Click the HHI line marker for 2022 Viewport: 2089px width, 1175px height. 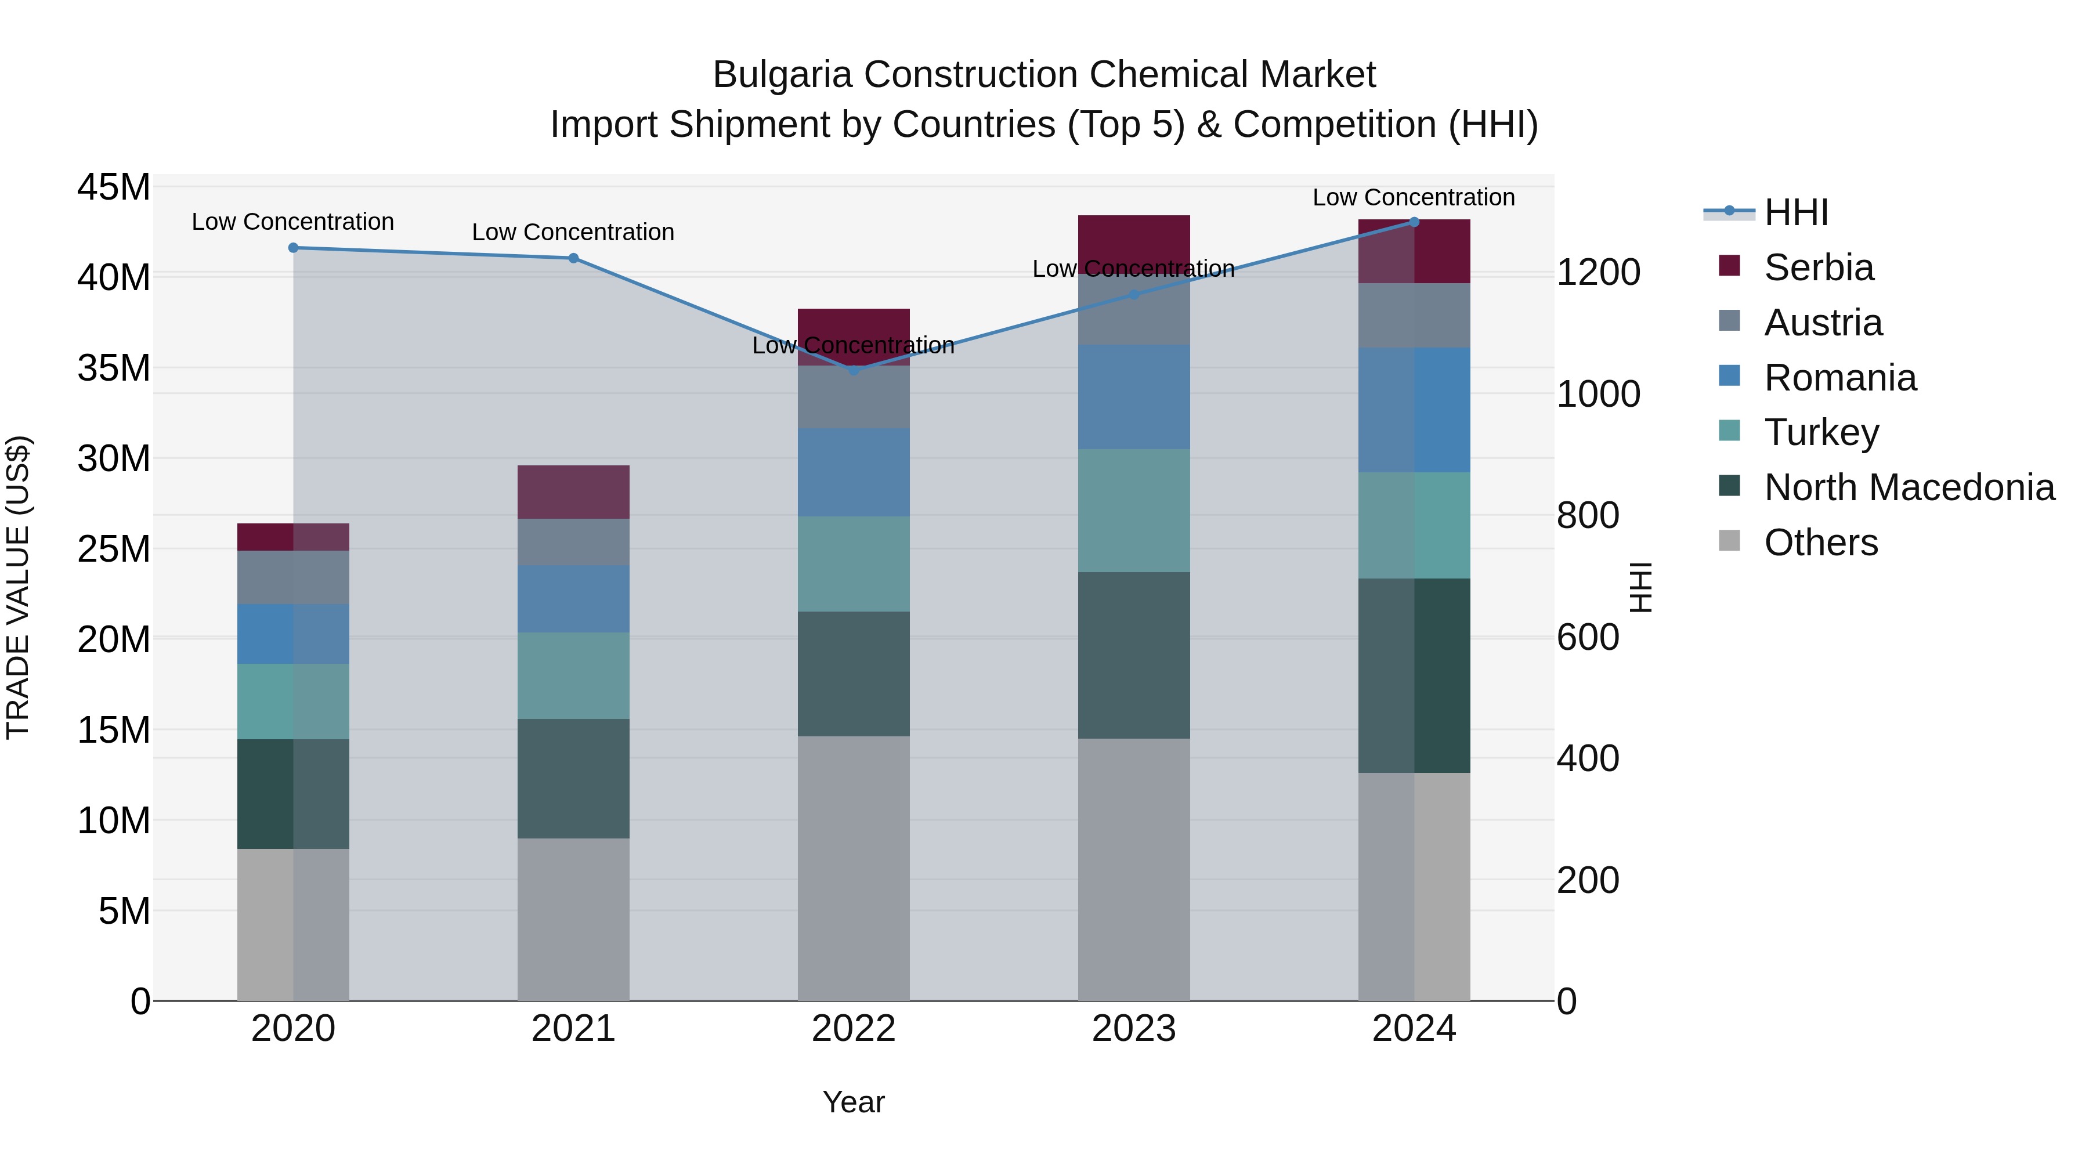853,370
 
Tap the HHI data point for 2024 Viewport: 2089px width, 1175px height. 1414,222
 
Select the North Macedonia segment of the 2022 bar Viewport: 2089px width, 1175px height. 853,673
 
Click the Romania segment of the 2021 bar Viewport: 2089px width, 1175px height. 573,598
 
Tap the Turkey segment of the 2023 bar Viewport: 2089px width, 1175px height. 1134,510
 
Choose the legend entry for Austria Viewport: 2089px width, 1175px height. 1822,323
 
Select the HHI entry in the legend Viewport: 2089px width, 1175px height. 1795,212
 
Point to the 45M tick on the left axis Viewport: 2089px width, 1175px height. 114,187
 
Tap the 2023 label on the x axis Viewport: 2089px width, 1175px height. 1134,1029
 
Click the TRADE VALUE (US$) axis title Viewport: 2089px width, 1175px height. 18,587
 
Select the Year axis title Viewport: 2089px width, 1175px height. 853,1102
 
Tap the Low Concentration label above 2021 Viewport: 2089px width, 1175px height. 573,232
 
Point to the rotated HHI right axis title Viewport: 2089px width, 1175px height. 1640,587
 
